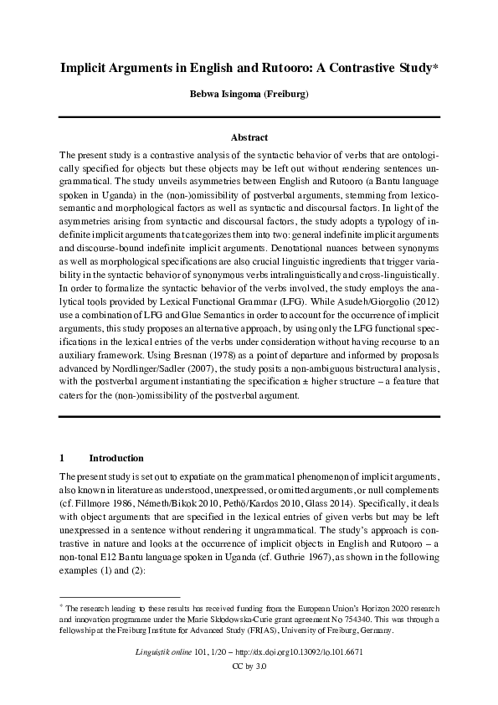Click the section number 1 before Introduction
(x=63, y=458)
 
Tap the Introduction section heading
(x=116, y=458)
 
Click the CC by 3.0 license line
(x=249, y=666)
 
